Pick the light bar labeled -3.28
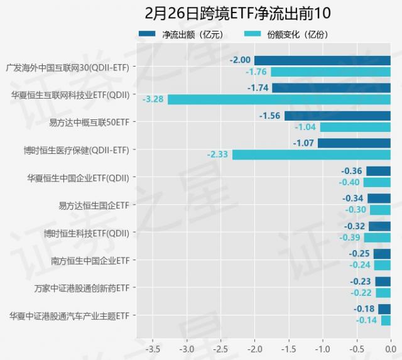pyautogui.click(x=279, y=99)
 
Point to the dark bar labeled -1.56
pyautogui.click(x=337, y=116)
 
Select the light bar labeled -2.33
pyautogui.click(x=311, y=155)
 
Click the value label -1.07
pyautogui.click(x=304, y=143)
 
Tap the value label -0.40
pyautogui.click(x=350, y=182)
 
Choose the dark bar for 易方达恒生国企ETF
pyautogui.click(x=379, y=199)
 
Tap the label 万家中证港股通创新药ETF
pyautogui.click(x=82, y=288)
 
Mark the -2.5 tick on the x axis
pyautogui.click(x=220, y=347)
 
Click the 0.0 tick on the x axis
pyautogui.click(x=390, y=347)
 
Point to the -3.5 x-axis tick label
pyautogui.click(x=153, y=347)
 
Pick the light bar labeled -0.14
pyautogui.click(x=386, y=320)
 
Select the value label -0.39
pyautogui.click(x=350, y=237)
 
